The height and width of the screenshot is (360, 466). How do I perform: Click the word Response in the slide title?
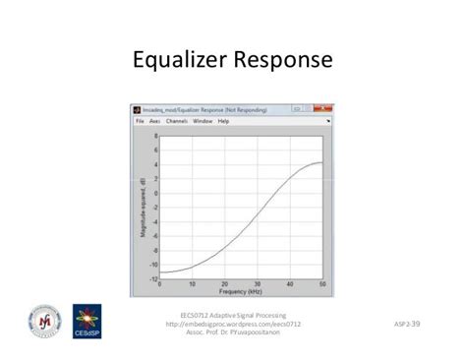pos(284,61)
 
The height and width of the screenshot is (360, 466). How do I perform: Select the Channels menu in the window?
pos(177,121)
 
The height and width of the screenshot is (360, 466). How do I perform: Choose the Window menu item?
pos(202,121)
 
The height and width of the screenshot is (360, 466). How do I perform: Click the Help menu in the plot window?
pos(223,121)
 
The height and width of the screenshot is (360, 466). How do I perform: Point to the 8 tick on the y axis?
pos(154,136)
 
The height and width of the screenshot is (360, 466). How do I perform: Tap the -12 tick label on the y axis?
pos(153,280)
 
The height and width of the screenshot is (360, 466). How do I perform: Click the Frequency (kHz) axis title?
pos(242,293)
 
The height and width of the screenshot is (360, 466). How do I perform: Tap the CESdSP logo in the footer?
pos(86,323)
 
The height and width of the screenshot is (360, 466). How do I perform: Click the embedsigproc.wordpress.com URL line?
pos(233,324)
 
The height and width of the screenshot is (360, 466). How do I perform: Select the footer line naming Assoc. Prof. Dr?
pos(233,332)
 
